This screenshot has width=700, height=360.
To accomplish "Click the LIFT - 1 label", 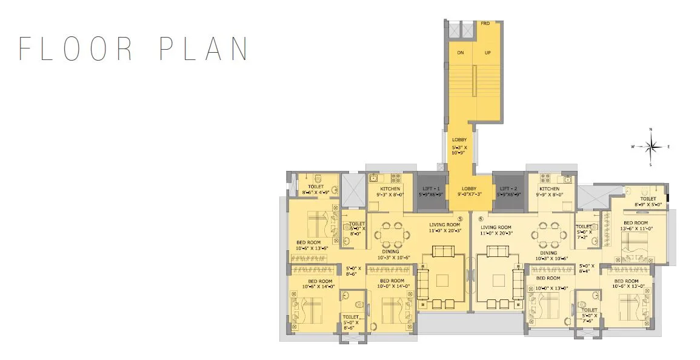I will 432,188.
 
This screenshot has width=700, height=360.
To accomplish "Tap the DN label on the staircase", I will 461,53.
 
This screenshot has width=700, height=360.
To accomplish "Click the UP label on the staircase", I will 487,53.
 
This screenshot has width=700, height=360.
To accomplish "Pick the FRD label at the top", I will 485,23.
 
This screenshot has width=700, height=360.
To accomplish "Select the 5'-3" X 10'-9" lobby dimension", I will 459,150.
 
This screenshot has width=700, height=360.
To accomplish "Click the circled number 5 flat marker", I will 461,219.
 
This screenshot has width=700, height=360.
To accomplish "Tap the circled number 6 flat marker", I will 481,219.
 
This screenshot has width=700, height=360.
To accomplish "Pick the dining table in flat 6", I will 548,233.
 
